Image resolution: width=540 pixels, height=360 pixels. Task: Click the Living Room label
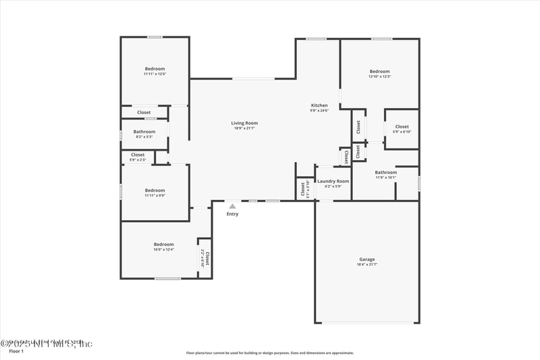pyautogui.click(x=244, y=123)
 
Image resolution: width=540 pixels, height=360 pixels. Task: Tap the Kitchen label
pyautogui.click(x=319, y=105)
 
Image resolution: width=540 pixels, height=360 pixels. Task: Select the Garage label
pyautogui.click(x=367, y=259)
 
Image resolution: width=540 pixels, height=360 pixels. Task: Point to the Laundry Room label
pyautogui.click(x=333, y=181)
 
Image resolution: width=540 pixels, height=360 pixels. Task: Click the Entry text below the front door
pyautogui.click(x=232, y=214)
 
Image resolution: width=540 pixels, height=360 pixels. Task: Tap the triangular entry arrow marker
pyautogui.click(x=232, y=206)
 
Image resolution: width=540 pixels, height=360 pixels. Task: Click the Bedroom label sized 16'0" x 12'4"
pyautogui.click(x=163, y=245)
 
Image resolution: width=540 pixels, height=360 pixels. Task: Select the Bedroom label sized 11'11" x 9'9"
pyautogui.click(x=155, y=190)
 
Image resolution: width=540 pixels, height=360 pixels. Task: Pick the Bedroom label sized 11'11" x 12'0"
pyautogui.click(x=155, y=69)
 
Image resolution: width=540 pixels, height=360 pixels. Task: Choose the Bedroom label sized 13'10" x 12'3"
pyautogui.click(x=379, y=72)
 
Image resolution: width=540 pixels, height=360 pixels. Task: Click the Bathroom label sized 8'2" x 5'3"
pyautogui.click(x=144, y=132)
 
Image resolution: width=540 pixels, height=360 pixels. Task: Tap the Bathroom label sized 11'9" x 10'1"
pyautogui.click(x=386, y=172)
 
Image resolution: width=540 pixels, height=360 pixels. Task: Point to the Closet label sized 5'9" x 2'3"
pyautogui.click(x=138, y=155)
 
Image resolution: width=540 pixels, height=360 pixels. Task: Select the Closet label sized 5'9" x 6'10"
pyautogui.click(x=402, y=126)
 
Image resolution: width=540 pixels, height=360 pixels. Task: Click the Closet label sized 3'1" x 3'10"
pyautogui.click(x=303, y=188)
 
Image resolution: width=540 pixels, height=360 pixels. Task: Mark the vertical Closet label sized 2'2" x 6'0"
pyautogui.click(x=207, y=259)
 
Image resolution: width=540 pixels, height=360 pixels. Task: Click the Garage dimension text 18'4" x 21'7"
pyautogui.click(x=367, y=265)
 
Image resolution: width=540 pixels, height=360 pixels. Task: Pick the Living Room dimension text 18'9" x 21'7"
pyautogui.click(x=244, y=128)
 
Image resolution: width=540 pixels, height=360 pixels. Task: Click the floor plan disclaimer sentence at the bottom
pyautogui.click(x=269, y=353)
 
